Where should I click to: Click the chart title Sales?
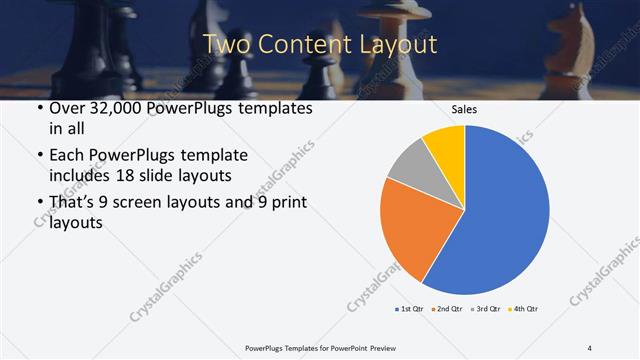click(464, 109)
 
